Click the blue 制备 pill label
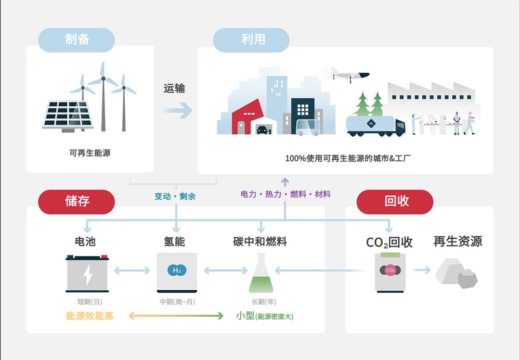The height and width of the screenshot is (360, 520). click(x=77, y=39)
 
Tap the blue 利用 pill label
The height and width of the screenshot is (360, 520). click(x=252, y=39)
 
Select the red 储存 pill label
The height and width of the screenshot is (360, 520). click(x=77, y=201)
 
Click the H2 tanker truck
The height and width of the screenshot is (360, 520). click(x=376, y=125)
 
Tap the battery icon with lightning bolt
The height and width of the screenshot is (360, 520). click(x=87, y=273)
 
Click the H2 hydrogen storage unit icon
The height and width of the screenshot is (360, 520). click(x=177, y=272)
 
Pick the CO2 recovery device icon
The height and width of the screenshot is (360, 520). click(x=390, y=271)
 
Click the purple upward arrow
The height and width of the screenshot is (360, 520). click(x=285, y=181)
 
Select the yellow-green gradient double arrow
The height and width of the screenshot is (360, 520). click(x=176, y=316)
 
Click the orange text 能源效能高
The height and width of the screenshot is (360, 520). click(x=90, y=316)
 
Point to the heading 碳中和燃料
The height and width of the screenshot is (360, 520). click(x=260, y=242)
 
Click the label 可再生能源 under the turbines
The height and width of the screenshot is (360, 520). click(x=90, y=154)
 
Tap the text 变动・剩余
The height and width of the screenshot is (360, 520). click(x=175, y=196)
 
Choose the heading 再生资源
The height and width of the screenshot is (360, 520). click(x=457, y=242)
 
